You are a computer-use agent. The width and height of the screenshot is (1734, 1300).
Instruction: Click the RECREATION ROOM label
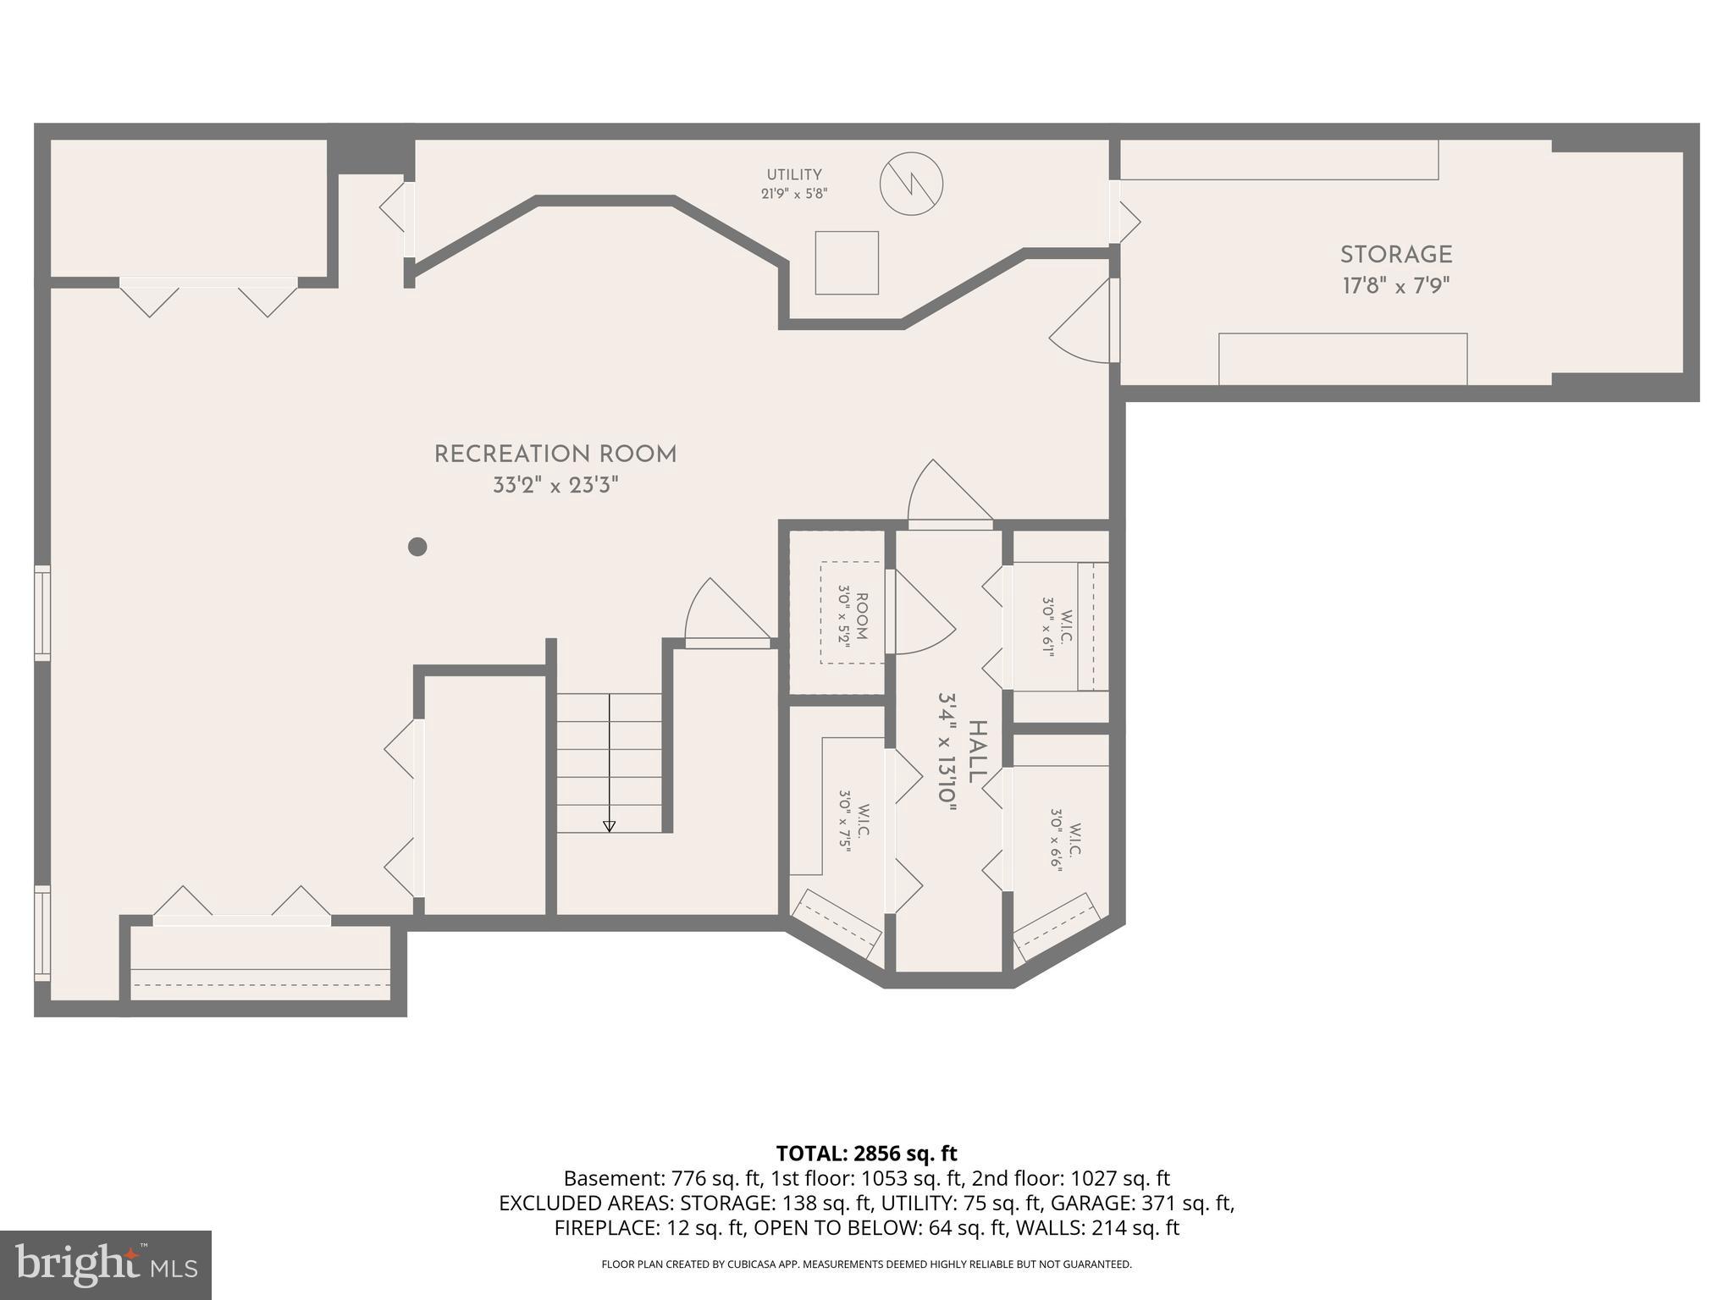(555, 454)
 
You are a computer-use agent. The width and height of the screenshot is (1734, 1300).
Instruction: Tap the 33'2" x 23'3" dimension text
(555, 486)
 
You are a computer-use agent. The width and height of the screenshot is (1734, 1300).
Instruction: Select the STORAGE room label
(1395, 255)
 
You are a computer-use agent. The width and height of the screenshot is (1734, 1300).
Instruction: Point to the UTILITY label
(794, 175)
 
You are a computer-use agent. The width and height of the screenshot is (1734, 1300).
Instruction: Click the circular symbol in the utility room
(911, 184)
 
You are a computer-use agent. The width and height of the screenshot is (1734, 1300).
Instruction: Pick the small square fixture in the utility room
(847, 262)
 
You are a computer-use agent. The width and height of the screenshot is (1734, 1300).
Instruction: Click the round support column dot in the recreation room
(417, 547)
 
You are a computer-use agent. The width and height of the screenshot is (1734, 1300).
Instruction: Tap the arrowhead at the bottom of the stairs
(609, 826)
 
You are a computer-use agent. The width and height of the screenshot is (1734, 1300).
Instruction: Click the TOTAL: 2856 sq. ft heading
(866, 1154)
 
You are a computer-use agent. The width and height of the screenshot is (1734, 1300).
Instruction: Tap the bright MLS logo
(106, 1264)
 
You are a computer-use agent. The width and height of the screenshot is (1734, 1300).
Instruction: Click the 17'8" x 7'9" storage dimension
(1395, 286)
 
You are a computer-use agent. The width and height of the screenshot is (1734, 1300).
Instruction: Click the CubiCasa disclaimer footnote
(866, 1264)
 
